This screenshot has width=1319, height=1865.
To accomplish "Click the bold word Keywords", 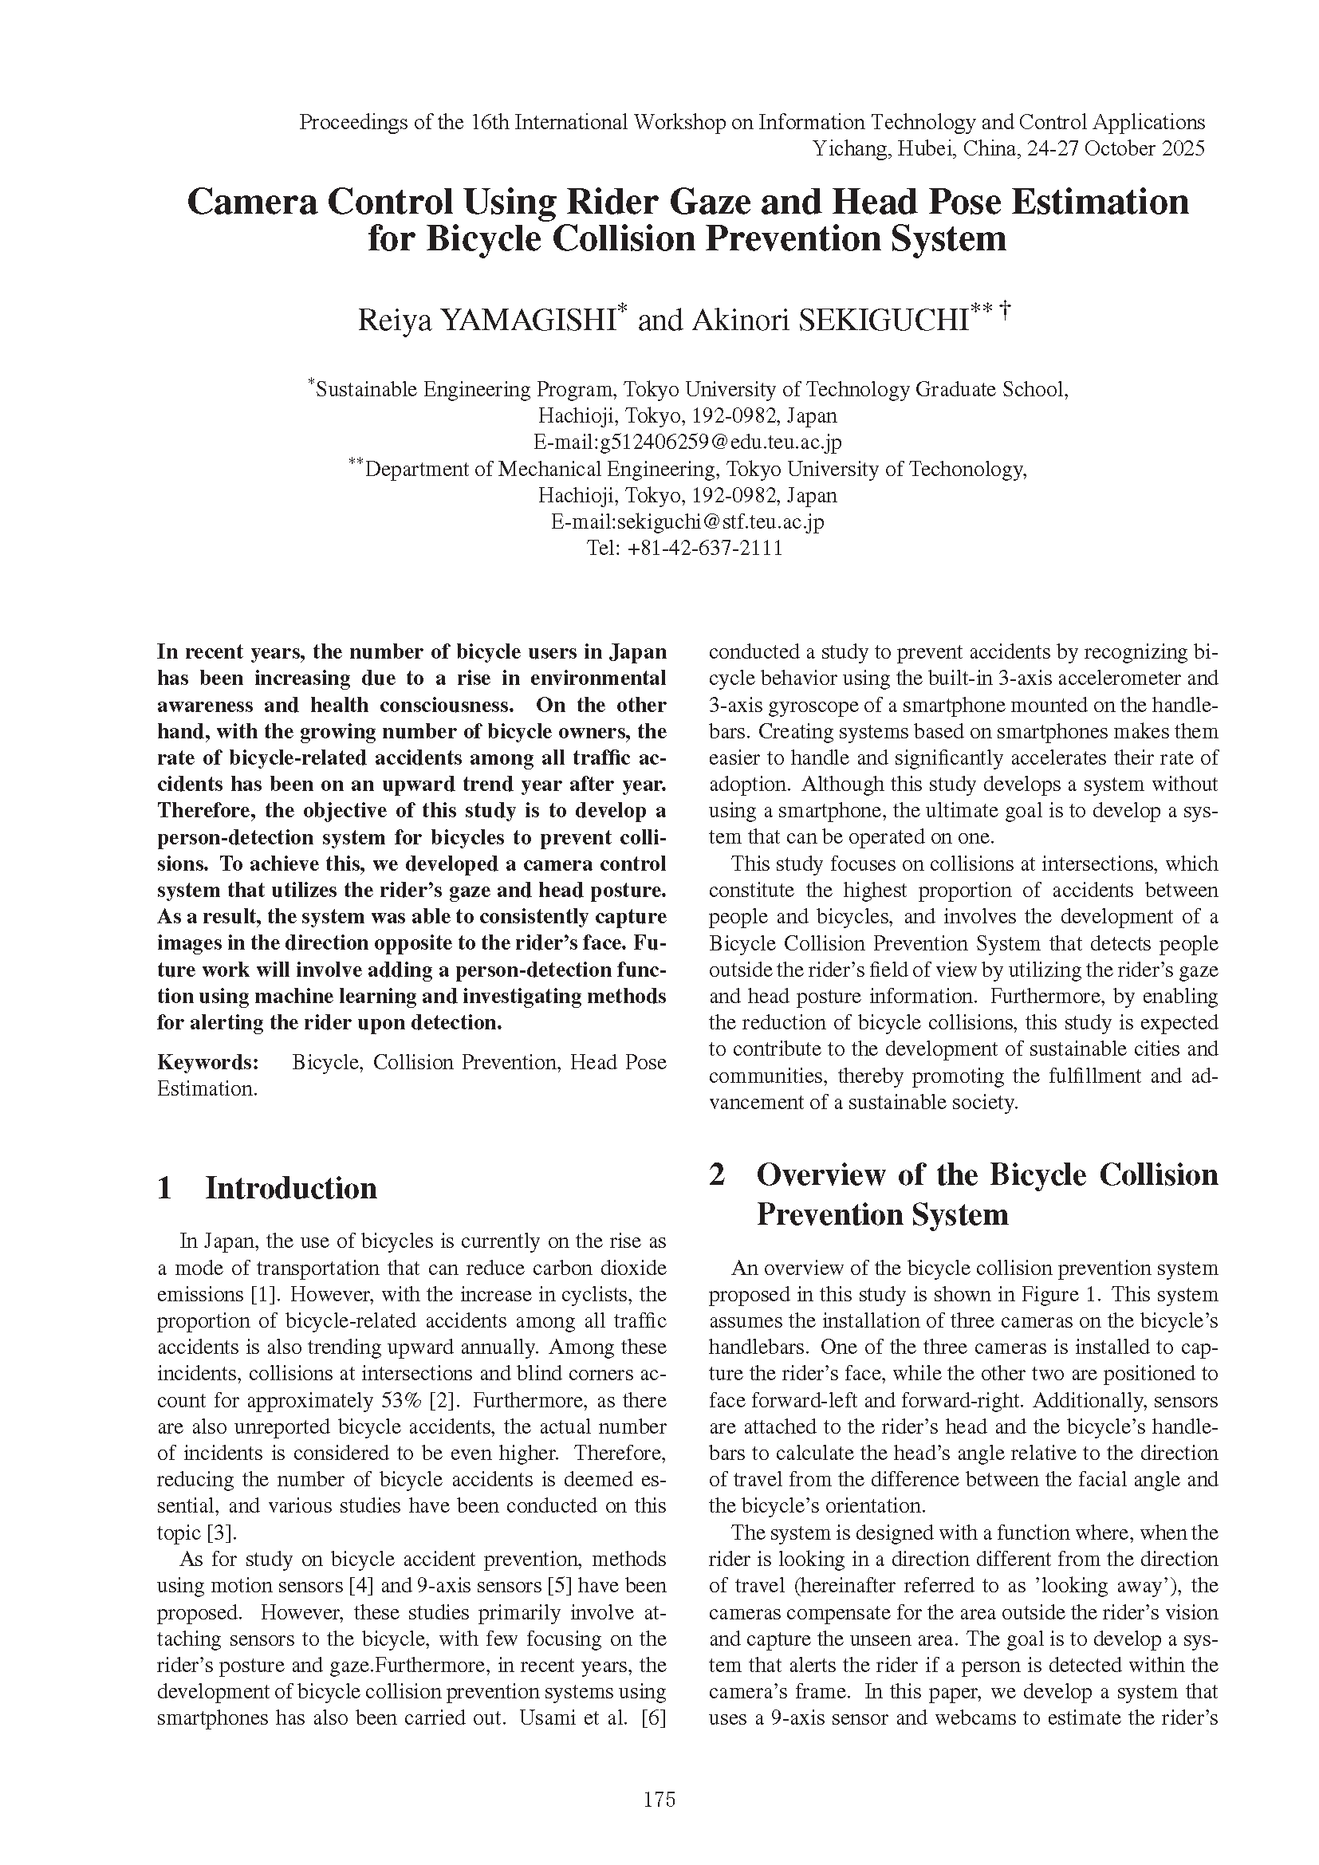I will tap(207, 1062).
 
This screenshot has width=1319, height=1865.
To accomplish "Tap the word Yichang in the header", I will tap(850, 148).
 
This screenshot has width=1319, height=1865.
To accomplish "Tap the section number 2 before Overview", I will tap(716, 1174).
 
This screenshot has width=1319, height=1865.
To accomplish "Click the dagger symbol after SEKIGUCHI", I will tap(1006, 309).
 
